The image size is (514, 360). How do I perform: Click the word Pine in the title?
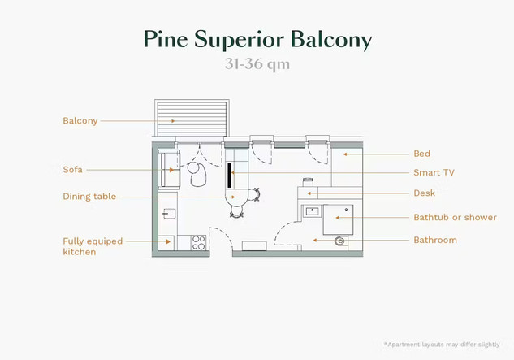(168, 39)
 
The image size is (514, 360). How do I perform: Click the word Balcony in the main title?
(332, 39)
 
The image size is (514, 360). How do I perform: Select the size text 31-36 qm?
(257, 64)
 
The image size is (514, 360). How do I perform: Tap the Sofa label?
(72, 170)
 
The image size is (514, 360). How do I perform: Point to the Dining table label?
(89, 197)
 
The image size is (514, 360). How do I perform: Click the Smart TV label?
(434, 172)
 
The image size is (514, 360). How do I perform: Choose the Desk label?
(424, 193)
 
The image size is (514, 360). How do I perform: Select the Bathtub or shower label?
(455, 218)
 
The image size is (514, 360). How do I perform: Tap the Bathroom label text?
(435, 240)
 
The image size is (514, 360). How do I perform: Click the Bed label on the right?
(421, 154)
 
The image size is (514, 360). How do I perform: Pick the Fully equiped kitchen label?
(92, 246)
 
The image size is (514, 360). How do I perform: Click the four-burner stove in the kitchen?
(197, 241)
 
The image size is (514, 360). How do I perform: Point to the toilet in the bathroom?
(340, 240)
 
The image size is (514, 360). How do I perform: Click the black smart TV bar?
(230, 176)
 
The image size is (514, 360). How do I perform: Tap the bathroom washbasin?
(312, 211)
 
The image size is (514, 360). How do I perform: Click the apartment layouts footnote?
(443, 345)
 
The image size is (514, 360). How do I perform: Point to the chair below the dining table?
(237, 210)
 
